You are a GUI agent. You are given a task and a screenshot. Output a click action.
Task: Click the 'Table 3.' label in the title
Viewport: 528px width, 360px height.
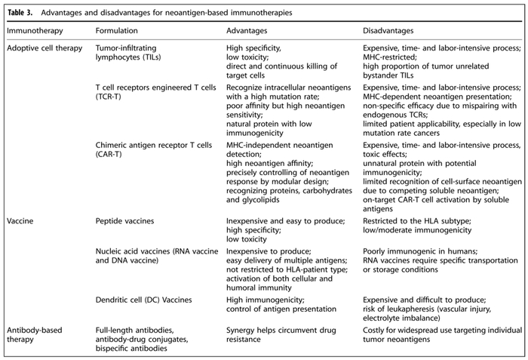click(x=23, y=13)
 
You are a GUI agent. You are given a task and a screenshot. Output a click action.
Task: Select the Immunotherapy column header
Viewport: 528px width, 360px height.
click(x=35, y=31)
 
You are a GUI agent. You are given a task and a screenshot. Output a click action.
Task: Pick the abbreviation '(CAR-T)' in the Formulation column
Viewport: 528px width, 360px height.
click(x=110, y=153)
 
